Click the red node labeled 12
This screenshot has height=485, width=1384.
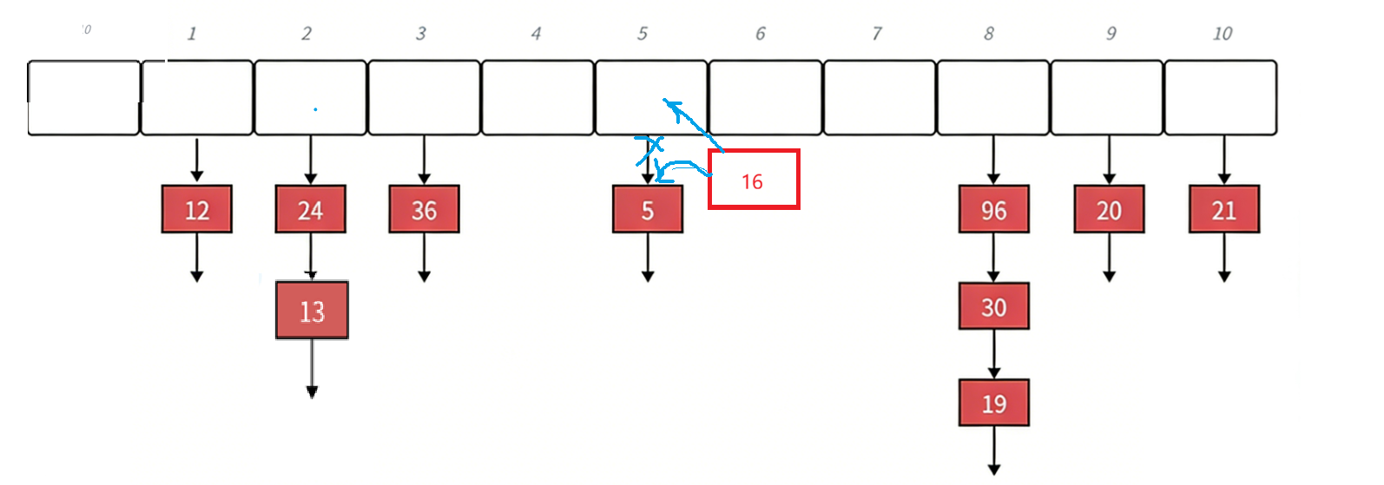(196, 209)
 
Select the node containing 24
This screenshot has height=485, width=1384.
(310, 209)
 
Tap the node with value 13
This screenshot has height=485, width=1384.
(312, 310)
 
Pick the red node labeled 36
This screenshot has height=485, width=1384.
(424, 209)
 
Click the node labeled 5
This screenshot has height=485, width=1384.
(647, 209)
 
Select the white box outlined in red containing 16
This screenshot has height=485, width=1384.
(753, 180)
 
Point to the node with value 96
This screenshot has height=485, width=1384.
(993, 209)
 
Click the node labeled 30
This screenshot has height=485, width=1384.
(993, 306)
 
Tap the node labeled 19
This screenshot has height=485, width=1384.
(993, 403)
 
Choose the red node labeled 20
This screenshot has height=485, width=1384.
(1109, 209)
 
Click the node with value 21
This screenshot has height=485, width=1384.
(1223, 209)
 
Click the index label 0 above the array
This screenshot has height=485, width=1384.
(86, 30)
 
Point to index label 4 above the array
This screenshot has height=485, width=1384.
(536, 34)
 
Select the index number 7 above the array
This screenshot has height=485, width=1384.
(877, 34)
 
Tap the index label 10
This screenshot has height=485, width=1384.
(1222, 34)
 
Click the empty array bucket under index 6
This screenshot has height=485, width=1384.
(765, 97)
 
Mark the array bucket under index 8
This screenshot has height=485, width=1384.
(992, 97)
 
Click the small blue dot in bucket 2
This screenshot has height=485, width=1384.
(315, 109)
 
